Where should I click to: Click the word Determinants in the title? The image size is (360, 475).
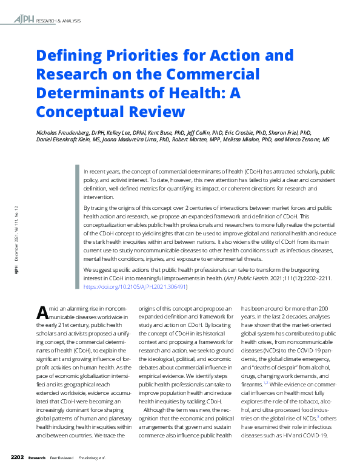pyautogui.click(x=95, y=93)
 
